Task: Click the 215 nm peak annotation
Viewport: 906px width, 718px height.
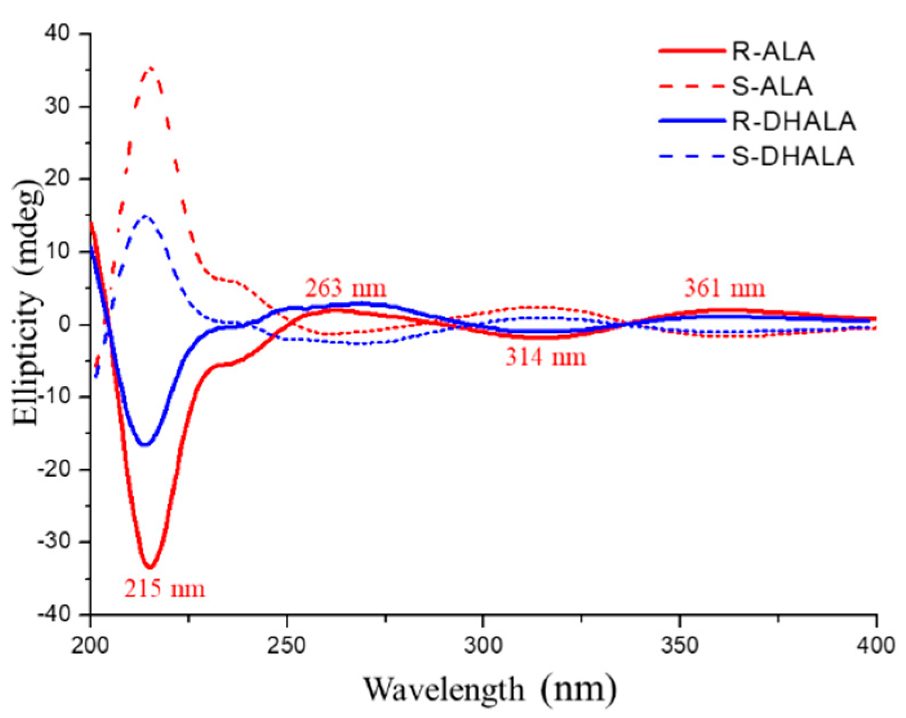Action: [165, 589]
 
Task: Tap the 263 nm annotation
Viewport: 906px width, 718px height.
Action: [345, 288]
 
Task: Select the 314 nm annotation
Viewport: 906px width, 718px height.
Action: [545, 357]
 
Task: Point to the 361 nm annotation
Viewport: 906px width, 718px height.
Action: [724, 288]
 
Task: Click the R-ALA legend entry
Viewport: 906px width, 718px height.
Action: [773, 52]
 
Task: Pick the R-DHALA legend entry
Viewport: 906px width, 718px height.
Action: [793, 121]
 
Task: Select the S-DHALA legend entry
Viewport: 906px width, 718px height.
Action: [793, 156]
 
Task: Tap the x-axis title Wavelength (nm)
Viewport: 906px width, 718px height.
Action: [489, 690]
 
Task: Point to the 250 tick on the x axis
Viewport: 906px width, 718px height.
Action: [287, 645]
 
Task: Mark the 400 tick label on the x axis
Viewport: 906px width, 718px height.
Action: [876, 645]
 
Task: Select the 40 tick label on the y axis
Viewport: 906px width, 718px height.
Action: [58, 34]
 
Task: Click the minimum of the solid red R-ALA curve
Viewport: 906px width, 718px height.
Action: [150, 566]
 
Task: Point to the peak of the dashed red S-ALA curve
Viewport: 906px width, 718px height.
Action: [150, 68]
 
